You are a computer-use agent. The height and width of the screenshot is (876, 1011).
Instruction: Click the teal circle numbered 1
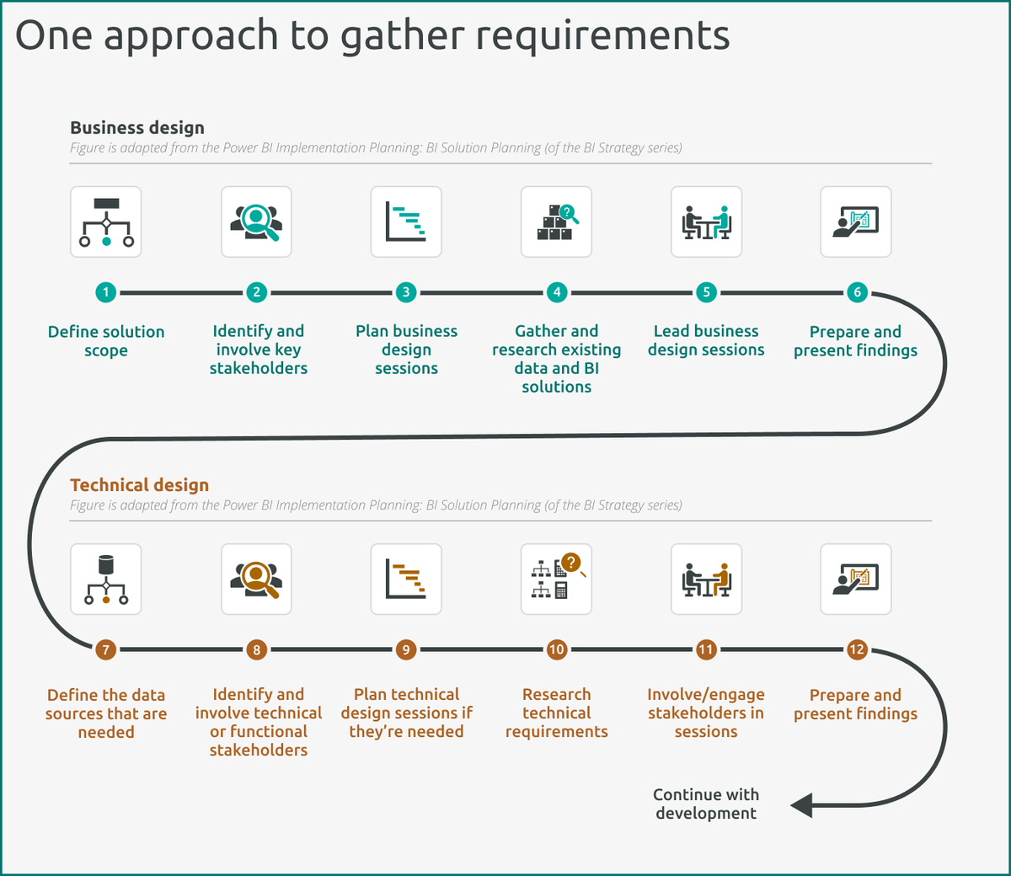(106, 292)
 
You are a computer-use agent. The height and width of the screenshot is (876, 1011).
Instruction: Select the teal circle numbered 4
(556, 292)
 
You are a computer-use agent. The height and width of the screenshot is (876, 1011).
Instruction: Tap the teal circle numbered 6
(857, 292)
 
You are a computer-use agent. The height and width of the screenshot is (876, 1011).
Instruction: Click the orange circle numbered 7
(105, 649)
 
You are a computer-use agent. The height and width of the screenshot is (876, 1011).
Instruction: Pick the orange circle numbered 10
(556, 649)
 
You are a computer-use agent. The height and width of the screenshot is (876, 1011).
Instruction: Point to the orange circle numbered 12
(857, 649)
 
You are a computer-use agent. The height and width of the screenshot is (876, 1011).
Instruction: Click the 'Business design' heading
(137, 128)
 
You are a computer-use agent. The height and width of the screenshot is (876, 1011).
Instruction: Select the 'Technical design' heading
(140, 485)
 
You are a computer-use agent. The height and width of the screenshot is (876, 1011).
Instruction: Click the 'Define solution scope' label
(106, 341)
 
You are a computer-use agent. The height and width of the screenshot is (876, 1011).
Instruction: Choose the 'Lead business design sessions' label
(706, 340)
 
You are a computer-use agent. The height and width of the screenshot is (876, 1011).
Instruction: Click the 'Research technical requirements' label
(556, 713)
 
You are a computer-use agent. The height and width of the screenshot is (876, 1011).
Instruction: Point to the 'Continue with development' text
(706, 804)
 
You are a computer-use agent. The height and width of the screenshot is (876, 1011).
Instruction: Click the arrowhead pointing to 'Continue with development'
(802, 805)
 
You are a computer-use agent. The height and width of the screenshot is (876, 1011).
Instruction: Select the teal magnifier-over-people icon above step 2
(256, 222)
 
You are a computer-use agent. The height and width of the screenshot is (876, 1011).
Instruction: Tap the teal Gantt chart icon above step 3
(406, 222)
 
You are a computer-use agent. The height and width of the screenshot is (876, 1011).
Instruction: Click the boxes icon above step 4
(556, 222)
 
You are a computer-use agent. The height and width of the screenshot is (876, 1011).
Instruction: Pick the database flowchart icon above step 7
(106, 580)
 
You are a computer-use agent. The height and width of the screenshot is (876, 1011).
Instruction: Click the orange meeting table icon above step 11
(706, 580)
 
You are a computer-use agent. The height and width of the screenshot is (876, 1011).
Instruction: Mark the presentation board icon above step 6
(856, 222)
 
